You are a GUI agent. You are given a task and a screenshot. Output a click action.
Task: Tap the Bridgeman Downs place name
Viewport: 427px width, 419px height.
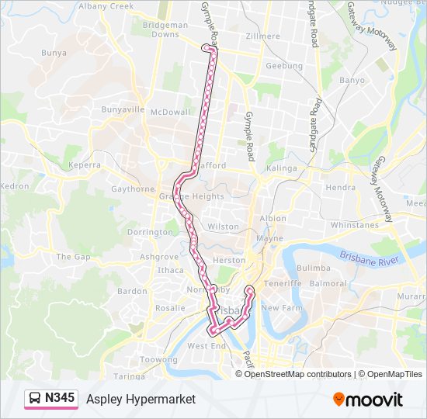pos(165,29)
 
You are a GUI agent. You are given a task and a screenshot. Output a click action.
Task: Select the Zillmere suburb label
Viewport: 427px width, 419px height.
pos(262,36)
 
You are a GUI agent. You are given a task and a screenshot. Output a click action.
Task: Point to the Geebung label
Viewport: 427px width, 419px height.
pos(284,66)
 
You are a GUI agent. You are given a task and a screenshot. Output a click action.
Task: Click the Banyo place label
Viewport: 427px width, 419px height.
pos(352,80)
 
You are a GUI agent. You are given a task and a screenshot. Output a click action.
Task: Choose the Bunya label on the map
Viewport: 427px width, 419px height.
pos(54,54)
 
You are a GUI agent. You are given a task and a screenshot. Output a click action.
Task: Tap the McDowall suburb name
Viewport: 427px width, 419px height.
pos(170,112)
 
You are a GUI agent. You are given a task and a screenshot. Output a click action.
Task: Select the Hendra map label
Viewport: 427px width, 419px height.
pos(341,187)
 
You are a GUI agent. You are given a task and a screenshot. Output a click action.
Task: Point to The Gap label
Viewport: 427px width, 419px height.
pos(73,257)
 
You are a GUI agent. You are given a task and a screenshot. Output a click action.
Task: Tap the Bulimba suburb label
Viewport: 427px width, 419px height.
pos(314,268)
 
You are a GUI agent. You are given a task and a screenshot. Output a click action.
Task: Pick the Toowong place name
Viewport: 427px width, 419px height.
pos(158,360)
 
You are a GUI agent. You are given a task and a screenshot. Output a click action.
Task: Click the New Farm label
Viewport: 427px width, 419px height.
pos(280,308)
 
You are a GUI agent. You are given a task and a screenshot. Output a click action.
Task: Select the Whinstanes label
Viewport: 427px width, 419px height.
pos(353,225)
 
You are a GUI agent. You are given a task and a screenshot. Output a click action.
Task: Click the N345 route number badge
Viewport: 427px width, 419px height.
pos(61,398)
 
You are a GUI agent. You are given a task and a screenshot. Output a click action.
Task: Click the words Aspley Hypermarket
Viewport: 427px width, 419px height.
pos(141,399)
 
